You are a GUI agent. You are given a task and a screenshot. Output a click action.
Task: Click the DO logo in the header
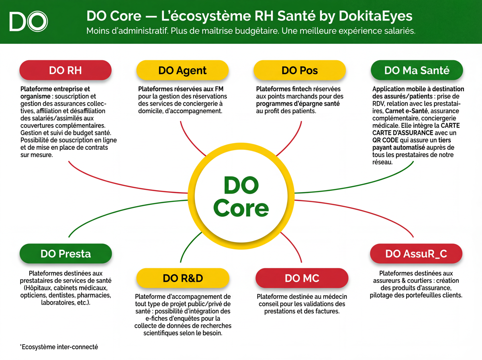pyautogui.click(x=29, y=21)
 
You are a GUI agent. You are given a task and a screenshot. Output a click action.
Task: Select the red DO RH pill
pyautogui.click(x=65, y=70)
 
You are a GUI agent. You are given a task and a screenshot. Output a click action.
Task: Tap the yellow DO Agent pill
pyautogui.click(x=182, y=70)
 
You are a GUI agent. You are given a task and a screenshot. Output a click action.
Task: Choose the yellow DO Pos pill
pyautogui.click(x=300, y=70)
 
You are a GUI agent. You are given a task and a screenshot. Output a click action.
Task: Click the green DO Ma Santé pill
pyautogui.click(x=417, y=70)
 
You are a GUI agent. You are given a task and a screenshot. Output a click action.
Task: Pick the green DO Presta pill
pyautogui.click(x=65, y=254)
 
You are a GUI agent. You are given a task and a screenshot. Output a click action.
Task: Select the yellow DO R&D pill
pyautogui.click(x=183, y=278)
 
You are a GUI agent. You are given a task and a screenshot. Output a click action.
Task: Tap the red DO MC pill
pyautogui.click(x=302, y=278)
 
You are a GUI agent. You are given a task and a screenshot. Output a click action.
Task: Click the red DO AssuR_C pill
pyautogui.click(x=416, y=254)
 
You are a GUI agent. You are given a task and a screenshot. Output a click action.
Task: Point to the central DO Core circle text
pyautogui.click(x=241, y=196)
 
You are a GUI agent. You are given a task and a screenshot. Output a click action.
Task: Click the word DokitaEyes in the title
pyautogui.click(x=376, y=16)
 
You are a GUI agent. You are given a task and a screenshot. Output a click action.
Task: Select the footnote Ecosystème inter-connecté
pyautogui.click(x=59, y=347)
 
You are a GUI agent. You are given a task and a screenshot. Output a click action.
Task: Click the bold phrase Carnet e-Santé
pyautogui.click(x=406, y=111)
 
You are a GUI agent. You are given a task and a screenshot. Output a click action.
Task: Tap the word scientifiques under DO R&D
pyautogui.click(x=162, y=333)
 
